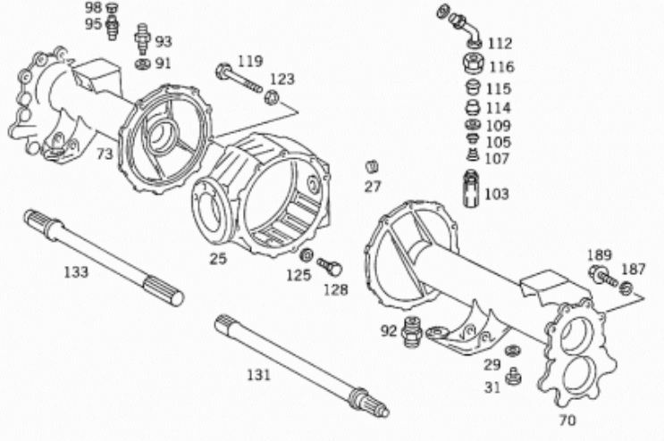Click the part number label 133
pos(76,272)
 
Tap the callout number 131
pos(258,375)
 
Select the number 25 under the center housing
pos(218,258)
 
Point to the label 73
pos(105,154)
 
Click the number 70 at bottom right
pos(567,420)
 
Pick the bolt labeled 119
pos(240,79)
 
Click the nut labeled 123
pos(271,98)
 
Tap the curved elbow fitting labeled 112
pos(460,26)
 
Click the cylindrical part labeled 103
pos(471,188)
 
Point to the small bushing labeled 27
pos(372,167)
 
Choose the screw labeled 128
pos(330,267)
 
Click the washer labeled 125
pos(307,255)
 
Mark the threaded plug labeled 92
pos(413,331)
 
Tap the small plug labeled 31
pos(513,377)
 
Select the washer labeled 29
pos(513,351)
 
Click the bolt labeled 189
pos(603,276)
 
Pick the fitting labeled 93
pos(143,39)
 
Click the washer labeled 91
pos(143,64)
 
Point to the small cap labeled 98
pos(112,8)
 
